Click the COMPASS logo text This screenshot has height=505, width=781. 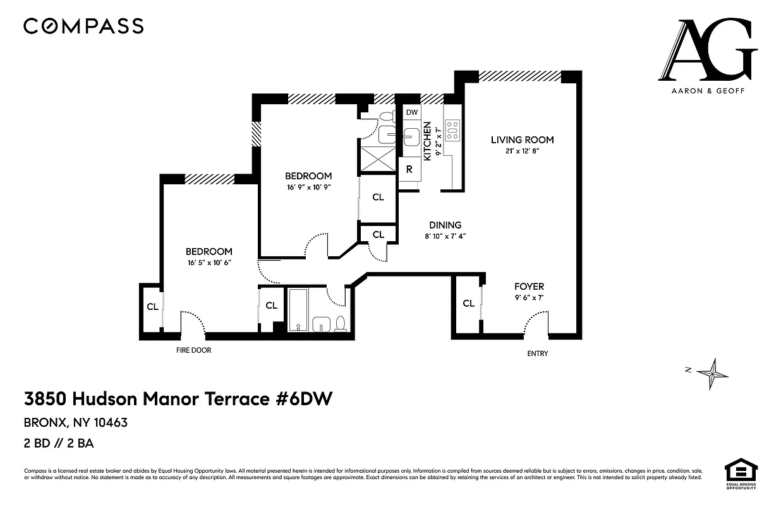83,26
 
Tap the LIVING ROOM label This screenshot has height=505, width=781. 522,140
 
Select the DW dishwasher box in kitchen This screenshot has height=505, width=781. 412,112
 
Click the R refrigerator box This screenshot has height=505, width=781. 409,169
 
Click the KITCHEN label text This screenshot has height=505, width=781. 428,140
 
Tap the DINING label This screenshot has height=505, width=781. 445,225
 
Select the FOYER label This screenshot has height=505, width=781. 529,287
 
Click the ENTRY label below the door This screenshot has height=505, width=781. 538,353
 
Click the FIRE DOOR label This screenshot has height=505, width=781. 193,350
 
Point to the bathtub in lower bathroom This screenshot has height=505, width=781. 297,310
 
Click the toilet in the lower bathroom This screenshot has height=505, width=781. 340,324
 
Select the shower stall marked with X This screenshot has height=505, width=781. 377,156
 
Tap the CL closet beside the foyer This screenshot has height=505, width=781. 468,304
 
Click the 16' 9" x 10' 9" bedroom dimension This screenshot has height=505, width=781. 308,187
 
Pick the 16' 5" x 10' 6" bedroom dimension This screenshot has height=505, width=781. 209,263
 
